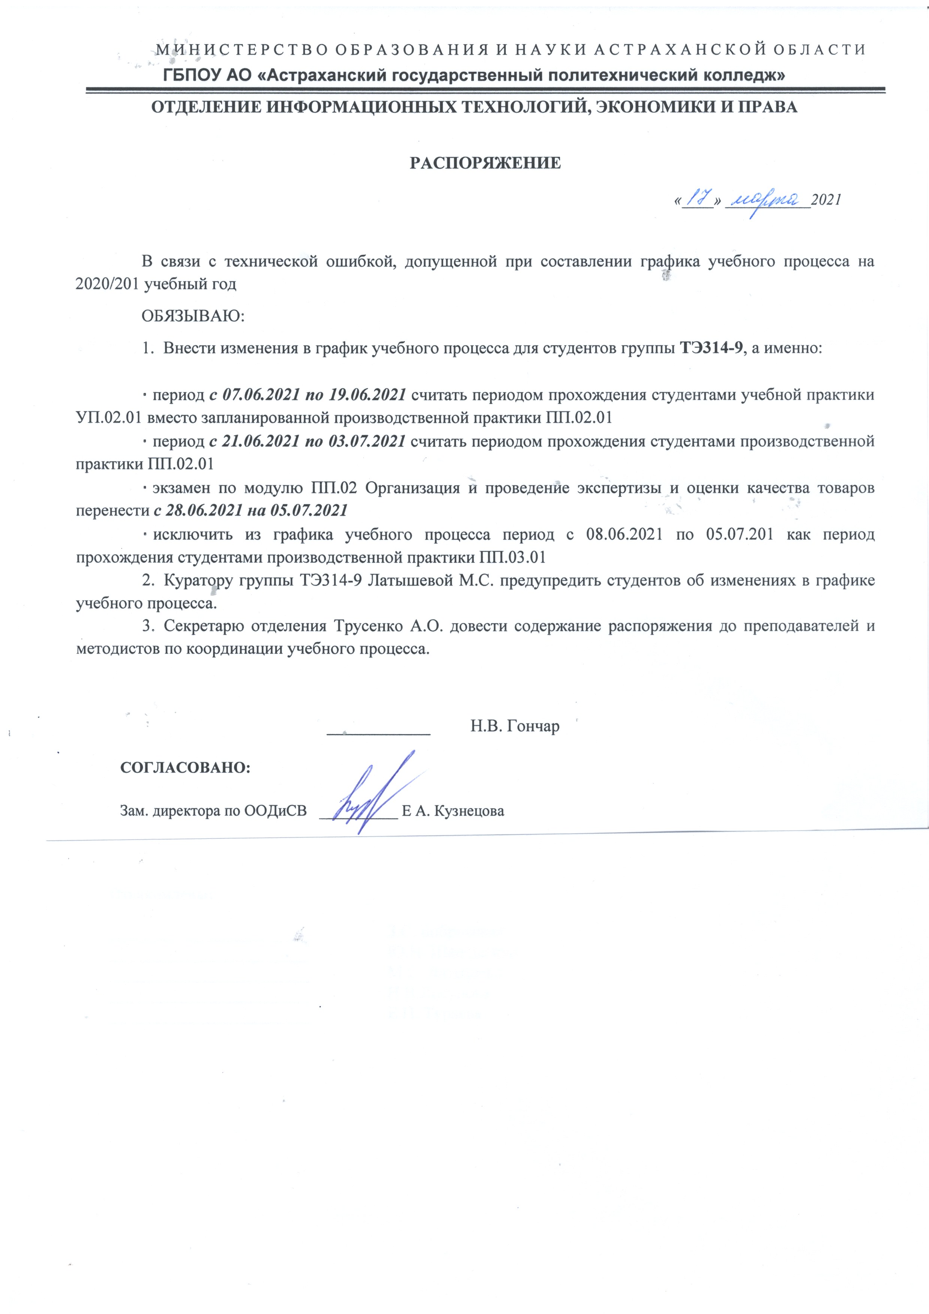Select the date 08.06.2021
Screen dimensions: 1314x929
(624, 535)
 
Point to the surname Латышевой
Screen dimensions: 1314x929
(411, 580)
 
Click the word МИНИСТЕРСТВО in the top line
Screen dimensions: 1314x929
(237, 50)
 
